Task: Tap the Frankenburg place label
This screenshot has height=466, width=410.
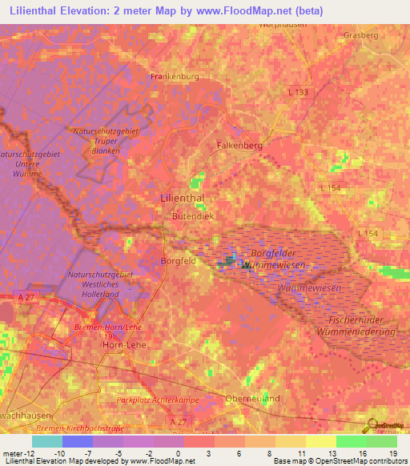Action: [175, 77]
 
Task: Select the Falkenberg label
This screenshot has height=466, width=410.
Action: [239, 146]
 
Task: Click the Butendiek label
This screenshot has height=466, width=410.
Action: [193, 216]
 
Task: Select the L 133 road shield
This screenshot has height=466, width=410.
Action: [297, 93]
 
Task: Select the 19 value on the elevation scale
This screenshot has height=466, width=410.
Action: [393, 454]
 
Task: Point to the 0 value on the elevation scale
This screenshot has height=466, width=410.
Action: [177, 454]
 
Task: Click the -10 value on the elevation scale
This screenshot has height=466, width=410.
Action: [58, 454]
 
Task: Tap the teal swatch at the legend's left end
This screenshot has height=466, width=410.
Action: [46, 441]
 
